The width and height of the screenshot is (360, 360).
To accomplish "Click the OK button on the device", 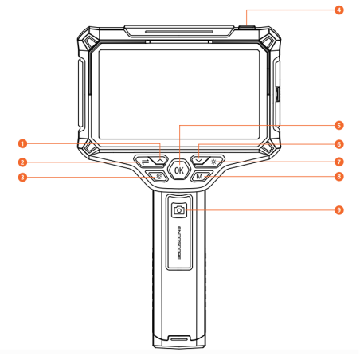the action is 179,170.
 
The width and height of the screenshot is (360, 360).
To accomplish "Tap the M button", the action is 201,176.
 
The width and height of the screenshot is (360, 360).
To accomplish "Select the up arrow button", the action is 159,161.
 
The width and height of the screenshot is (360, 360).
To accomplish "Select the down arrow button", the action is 199,160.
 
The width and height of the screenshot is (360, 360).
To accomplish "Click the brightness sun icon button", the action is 214,162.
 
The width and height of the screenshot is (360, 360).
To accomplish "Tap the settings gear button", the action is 158,176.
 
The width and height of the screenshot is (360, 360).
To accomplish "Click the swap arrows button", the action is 144,161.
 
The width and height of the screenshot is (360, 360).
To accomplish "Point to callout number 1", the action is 22,143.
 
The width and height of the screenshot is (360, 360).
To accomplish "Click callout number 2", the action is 22,162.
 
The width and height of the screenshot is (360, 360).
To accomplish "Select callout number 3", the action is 22,177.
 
